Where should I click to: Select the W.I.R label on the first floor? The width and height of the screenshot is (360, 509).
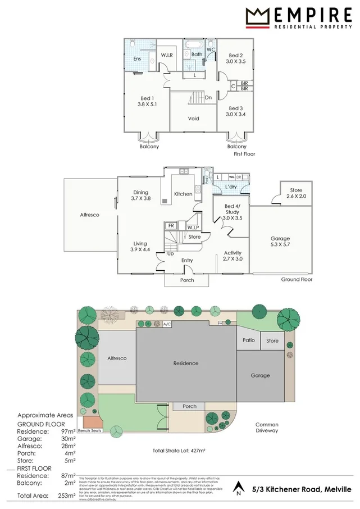[x=167, y=55]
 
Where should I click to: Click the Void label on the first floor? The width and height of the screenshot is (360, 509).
[x=194, y=119]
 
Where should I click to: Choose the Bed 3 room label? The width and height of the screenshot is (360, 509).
[x=236, y=111]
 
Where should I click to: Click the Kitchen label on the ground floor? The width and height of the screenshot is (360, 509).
[x=183, y=194]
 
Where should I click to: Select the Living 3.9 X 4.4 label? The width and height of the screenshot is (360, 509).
[x=140, y=246]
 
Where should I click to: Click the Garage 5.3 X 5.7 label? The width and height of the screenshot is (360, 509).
[x=281, y=241]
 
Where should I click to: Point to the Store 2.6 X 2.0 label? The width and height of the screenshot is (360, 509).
[x=297, y=194]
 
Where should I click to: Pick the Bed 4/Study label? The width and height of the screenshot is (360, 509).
[x=232, y=212]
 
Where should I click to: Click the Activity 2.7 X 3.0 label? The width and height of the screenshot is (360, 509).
[x=233, y=256]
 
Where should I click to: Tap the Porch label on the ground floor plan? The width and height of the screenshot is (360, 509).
[x=187, y=280]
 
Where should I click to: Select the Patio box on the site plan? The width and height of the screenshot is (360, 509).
[x=248, y=340]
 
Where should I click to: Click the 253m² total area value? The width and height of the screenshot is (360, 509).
[x=66, y=496]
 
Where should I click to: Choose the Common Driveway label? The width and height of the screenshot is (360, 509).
[x=267, y=428]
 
